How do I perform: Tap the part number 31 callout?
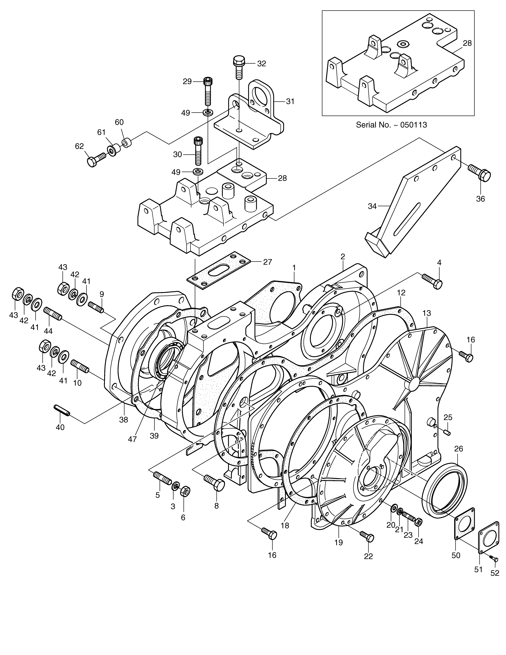point(290,102)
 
